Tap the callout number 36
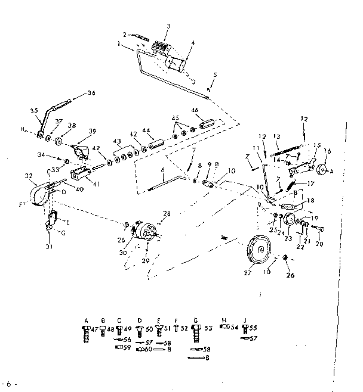91,92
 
